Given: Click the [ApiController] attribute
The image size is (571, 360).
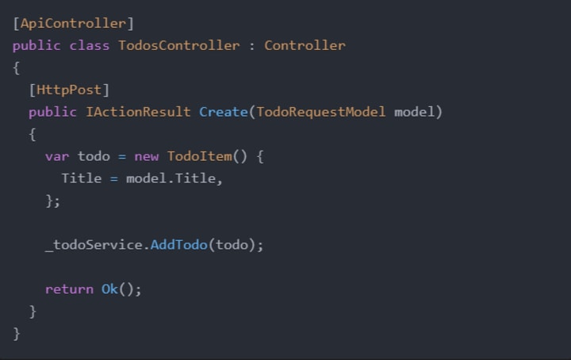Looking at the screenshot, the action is click(74, 23).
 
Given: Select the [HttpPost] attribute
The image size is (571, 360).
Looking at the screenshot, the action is click(69, 90).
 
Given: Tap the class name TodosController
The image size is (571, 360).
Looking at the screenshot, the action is click(178, 45).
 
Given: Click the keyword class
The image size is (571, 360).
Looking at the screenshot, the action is click(90, 45).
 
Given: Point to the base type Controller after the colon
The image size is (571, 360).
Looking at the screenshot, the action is click(305, 45).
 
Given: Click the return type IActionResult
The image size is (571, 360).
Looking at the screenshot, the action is click(138, 112).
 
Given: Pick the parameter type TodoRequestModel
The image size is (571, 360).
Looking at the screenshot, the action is click(320, 112).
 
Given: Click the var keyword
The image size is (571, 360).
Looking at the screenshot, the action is click(57, 156).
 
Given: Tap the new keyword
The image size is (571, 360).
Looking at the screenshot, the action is click(146, 156).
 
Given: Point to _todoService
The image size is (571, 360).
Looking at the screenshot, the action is click(94, 245).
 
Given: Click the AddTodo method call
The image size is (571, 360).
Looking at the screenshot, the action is click(178, 245).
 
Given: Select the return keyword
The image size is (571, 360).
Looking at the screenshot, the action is click(69, 289).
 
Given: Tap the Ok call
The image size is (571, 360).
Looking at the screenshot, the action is click(109, 289).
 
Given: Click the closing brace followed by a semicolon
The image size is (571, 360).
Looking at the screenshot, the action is click(52, 201).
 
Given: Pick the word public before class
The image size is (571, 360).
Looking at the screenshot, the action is click(36, 45).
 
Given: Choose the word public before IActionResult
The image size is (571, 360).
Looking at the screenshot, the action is click(52, 112).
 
